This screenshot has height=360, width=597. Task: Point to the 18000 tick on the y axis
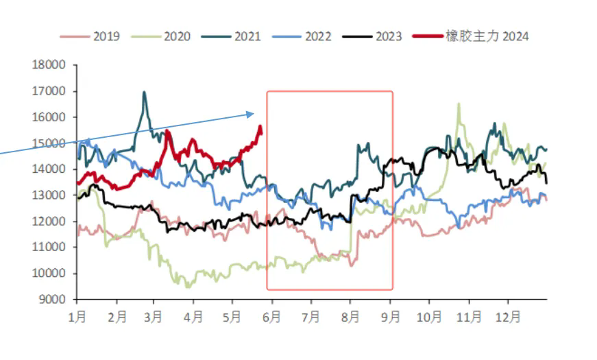(49, 65)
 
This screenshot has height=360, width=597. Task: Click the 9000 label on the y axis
(52, 300)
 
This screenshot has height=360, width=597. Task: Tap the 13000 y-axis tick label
(49, 195)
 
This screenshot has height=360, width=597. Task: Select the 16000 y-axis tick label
(49, 117)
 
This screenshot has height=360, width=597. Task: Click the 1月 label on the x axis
(77, 318)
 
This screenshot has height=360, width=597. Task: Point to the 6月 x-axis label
(272, 318)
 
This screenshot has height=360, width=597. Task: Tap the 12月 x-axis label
(508, 318)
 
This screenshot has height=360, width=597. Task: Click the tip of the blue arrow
(254, 114)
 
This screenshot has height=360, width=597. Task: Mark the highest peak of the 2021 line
(144, 92)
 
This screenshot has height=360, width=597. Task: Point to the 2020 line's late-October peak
(459, 104)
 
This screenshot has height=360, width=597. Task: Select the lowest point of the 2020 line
(188, 287)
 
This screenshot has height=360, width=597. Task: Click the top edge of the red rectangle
(330, 91)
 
